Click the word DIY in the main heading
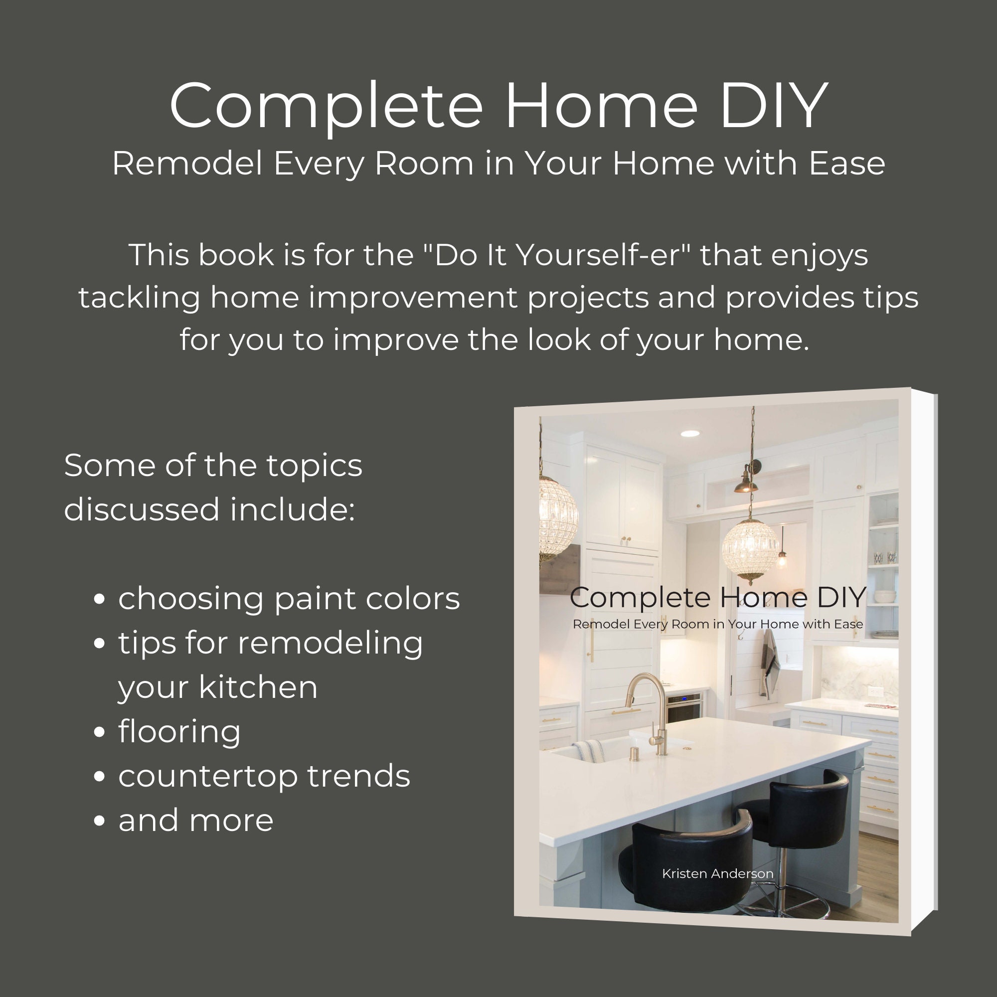point(774,105)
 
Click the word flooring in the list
point(179,732)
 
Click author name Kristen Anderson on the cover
point(717,873)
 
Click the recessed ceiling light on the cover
point(689,434)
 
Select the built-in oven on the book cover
point(684,707)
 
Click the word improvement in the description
point(412,298)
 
